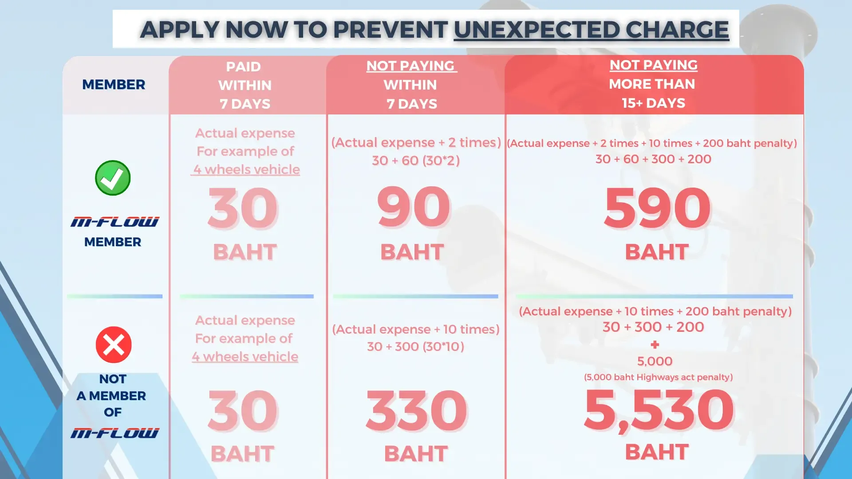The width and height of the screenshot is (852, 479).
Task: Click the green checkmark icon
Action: pos(113,178)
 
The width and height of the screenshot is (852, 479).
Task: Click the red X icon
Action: pos(114,345)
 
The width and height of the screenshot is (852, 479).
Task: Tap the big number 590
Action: pos(657,208)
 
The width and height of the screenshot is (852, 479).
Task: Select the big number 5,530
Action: pos(659,410)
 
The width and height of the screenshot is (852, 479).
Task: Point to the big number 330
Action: pos(416,410)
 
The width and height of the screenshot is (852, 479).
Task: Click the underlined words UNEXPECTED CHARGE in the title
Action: pos(591,30)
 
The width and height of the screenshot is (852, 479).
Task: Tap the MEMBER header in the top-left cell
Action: pos(114,84)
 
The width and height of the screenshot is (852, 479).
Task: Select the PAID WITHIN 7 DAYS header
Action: pos(245,85)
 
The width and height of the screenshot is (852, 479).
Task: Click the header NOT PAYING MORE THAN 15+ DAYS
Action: pos(653,84)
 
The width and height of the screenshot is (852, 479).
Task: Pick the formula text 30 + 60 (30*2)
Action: pos(416,160)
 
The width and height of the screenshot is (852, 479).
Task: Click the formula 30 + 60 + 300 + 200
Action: pos(653,159)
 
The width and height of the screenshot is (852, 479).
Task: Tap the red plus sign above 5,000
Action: pos(655,345)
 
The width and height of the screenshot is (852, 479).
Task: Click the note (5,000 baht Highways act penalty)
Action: pos(658,377)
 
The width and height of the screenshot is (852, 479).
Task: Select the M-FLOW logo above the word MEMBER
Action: pos(114,222)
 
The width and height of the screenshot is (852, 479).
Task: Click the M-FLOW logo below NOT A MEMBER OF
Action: pos(114,433)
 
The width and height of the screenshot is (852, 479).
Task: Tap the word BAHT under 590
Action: pos(657,252)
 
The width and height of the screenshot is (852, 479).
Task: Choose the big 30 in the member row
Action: pos(243,208)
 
